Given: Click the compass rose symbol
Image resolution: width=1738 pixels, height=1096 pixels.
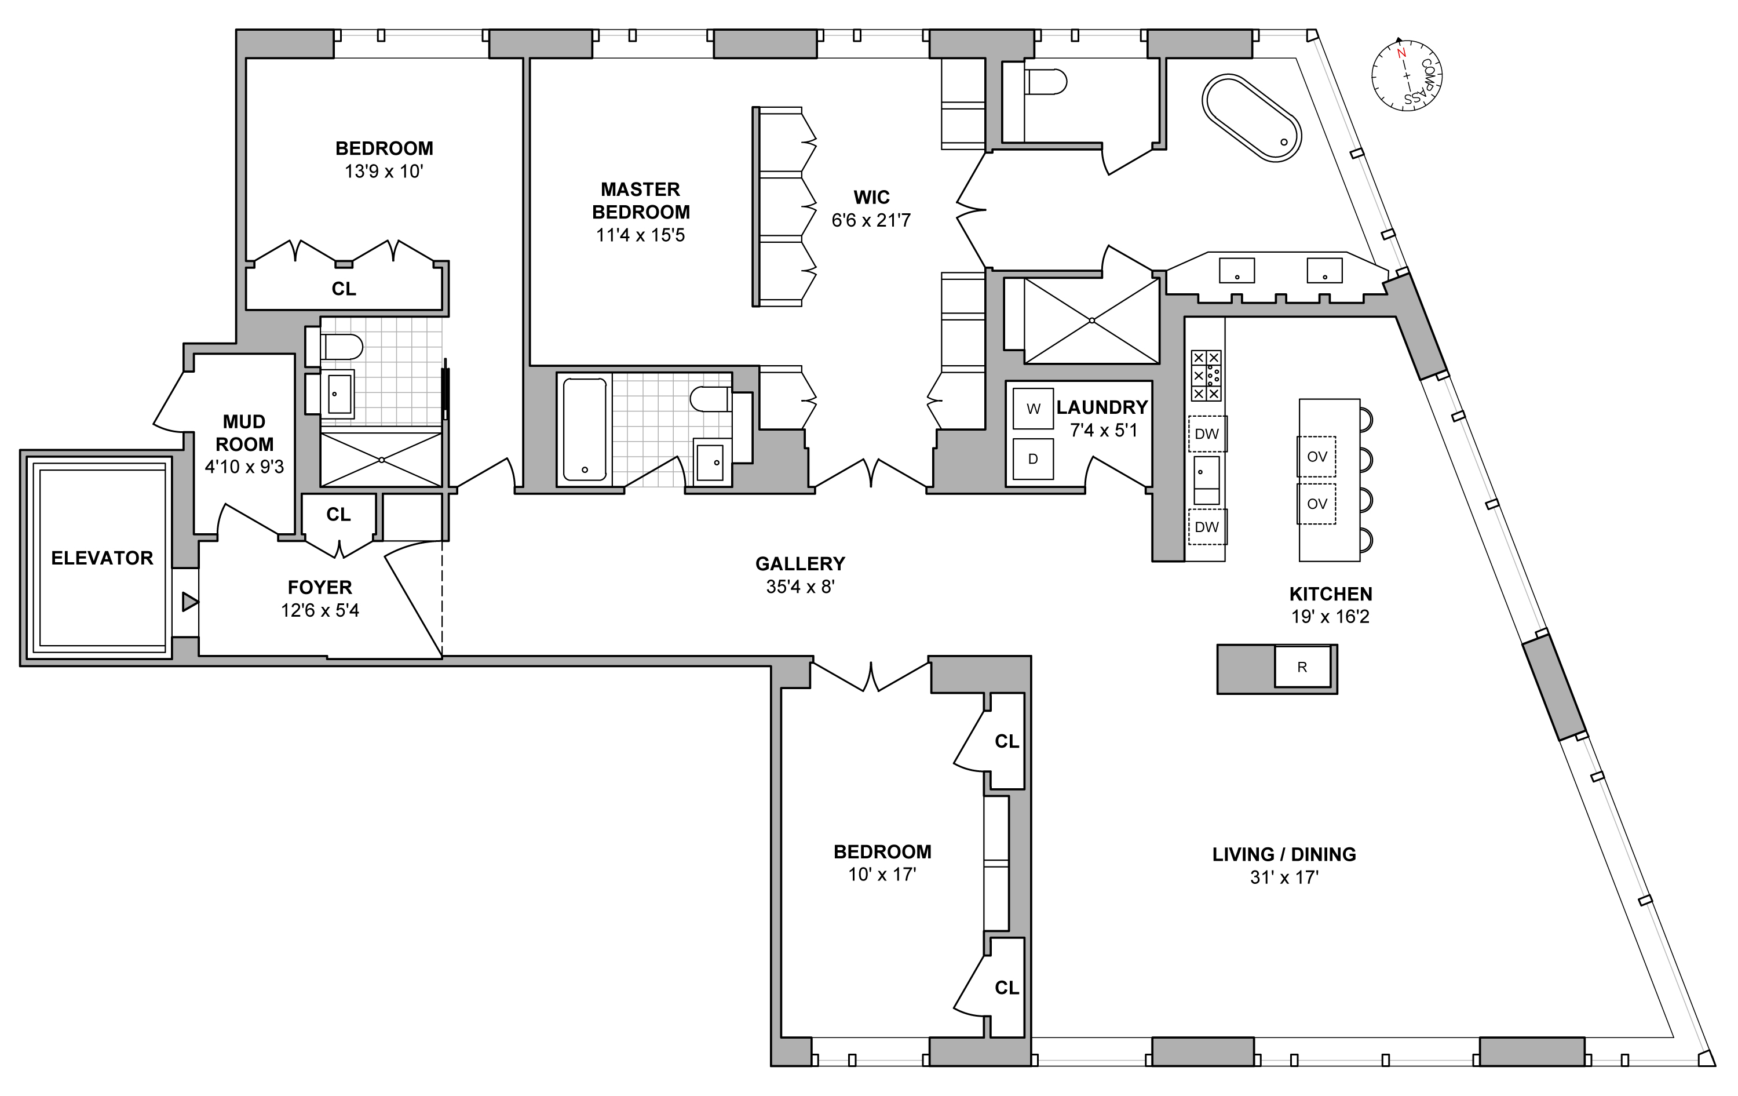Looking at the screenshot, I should coord(1407,76).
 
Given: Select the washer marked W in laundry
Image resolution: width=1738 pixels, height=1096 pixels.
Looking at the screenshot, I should coord(1033,409).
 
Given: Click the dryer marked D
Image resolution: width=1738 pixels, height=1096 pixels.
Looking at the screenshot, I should coord(1033,459).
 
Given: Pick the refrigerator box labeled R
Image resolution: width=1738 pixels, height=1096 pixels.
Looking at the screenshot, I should coord(1302,667).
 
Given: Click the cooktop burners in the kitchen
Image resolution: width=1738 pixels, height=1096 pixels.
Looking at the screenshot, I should coord(1206,376).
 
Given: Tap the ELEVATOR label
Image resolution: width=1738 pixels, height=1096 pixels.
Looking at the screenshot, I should coord(102,558).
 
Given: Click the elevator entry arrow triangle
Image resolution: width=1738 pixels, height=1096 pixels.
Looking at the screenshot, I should coord(189,602).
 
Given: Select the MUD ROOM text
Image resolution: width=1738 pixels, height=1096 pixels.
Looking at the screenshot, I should coord(244,432).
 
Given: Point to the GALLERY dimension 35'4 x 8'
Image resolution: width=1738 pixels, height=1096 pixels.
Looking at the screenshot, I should coord(799,587).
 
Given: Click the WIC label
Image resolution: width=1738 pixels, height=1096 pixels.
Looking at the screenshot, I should coord(871,197).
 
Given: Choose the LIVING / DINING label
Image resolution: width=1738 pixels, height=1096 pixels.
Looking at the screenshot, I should coord(1284,855).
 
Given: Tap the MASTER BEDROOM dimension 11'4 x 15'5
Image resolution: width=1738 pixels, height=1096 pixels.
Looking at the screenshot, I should coord(640,235).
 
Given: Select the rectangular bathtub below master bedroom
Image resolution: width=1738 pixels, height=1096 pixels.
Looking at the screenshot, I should coord(584,429).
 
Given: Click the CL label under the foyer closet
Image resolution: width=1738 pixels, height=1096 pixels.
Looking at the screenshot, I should coord(338,515).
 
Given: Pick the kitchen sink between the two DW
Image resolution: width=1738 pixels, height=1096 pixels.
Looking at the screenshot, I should coord(1206,479).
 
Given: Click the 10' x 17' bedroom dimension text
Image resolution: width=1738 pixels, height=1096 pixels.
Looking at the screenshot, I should coord(882,875).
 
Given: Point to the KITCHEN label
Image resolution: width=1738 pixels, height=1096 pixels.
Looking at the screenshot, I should coord(1330,594).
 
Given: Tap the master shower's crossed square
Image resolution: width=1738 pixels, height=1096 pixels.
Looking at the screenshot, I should coord(1091,321).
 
